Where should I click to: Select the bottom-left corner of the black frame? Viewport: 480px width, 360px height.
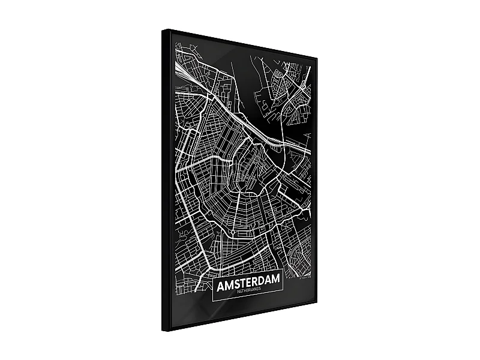[163, 331]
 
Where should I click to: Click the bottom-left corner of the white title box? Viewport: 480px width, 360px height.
[214, 298]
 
